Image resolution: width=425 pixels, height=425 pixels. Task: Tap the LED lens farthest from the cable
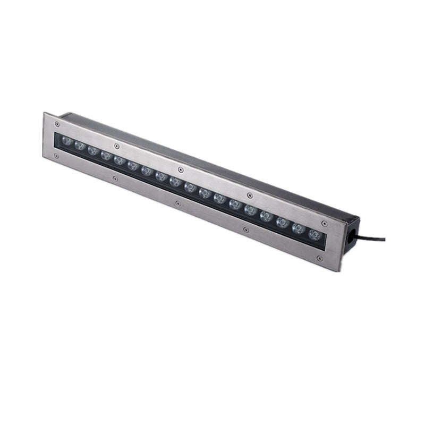[x=66, y=141]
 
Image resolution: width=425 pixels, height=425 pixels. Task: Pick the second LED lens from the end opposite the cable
[x=80, y=145]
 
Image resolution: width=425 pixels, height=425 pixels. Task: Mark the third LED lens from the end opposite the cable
[x=93, y=150]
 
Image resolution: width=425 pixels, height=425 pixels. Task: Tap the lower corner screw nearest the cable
[x=319, y=259]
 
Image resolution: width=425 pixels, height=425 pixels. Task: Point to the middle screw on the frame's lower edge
[x=176, y=202]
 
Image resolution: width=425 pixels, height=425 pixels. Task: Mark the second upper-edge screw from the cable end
[x=249, y=194]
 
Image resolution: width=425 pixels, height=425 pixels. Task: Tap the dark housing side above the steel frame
[x=212, y=159]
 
